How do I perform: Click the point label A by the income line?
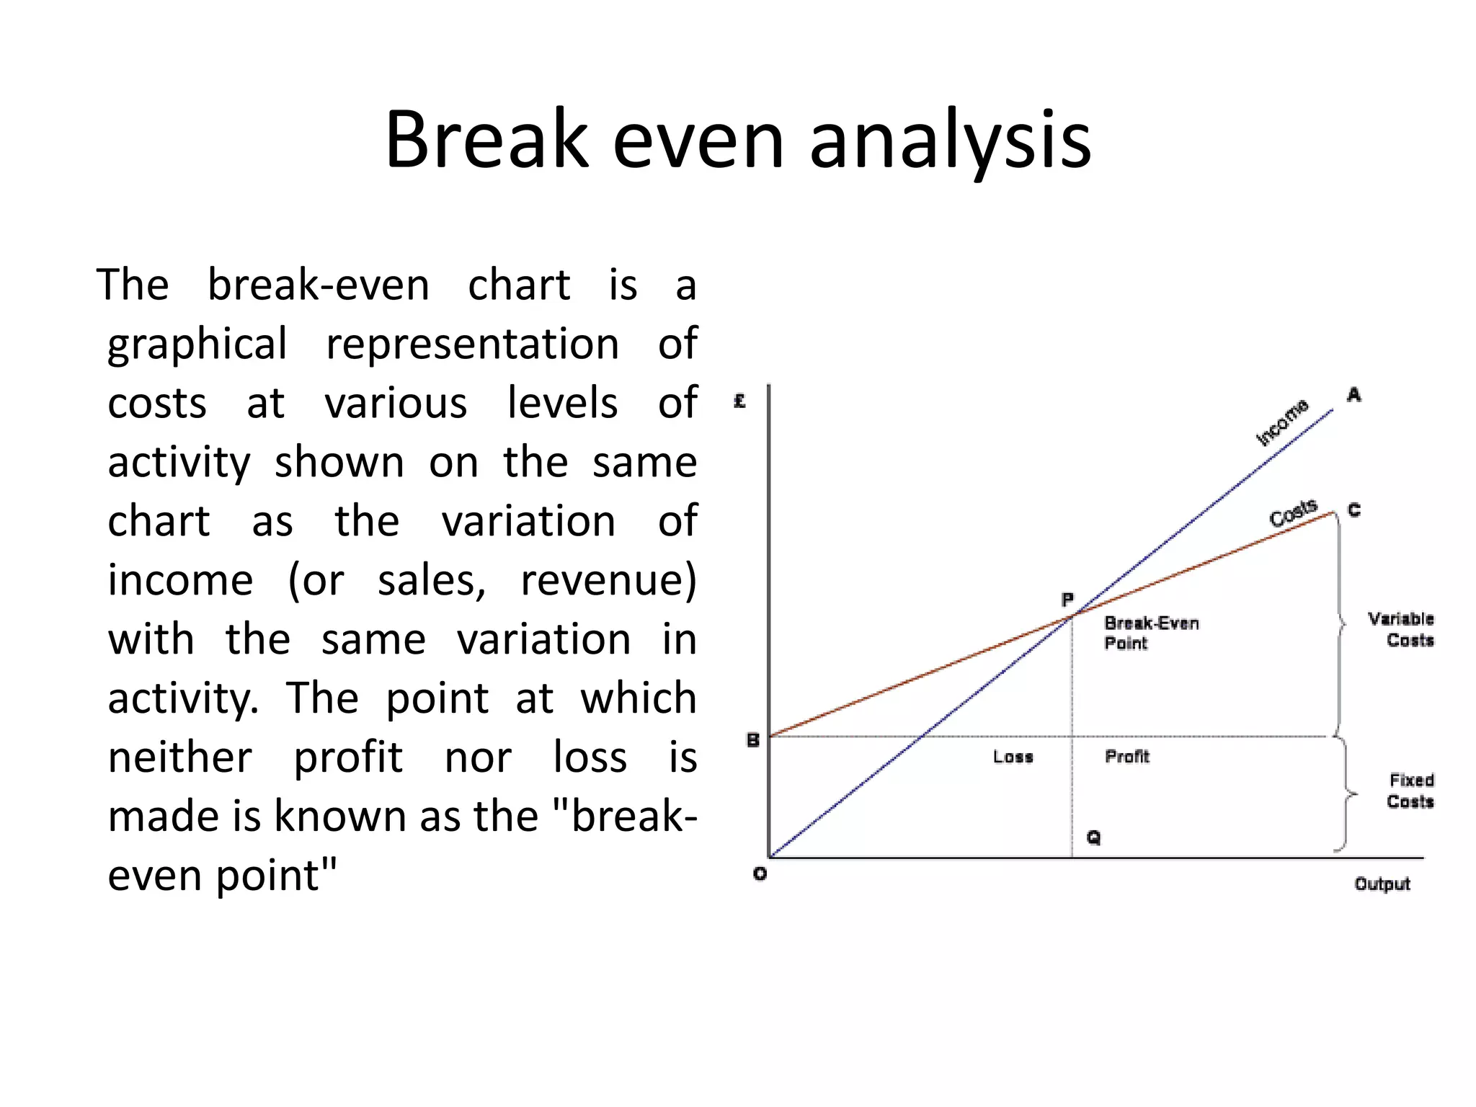click(x=1353, y=395)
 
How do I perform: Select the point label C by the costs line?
click(x=1354, y=510)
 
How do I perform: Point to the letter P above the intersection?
click(x=1067, y=600)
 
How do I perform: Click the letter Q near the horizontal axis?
click(x=1093, y=837)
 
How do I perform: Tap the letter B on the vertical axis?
click(x=753, y=740)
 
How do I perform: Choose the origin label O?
click(x=760, y=874)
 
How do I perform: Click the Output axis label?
click(x=1382, y=884)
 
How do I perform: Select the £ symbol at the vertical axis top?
click(x=739, y=401)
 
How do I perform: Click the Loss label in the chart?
click(x=1013, y=757)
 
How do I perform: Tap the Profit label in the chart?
click(x=1127, y=757)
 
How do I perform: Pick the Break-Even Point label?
click(x=1151, y=633)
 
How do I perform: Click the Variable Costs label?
click(x=1401, y=629)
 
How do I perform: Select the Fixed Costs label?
click(x=1410, y=791)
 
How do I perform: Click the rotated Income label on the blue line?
click(x=1282, y=422)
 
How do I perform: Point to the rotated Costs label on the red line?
click(x=1293, y=513)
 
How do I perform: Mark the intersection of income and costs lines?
click(x=1073, y=615)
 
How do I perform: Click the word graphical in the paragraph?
click(x=197, y=344)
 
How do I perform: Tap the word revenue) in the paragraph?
click(x=608, y=580)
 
